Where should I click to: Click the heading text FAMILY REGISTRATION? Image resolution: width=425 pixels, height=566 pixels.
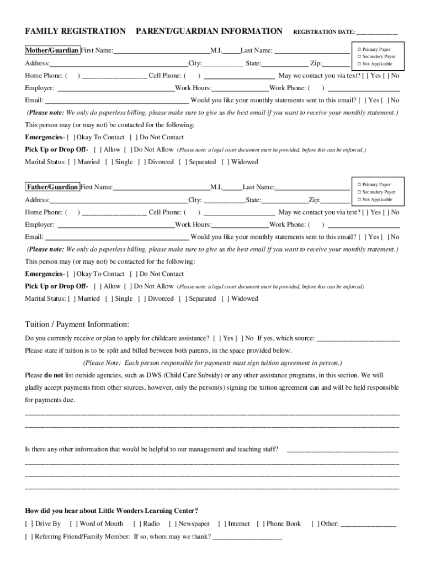pos(75,32)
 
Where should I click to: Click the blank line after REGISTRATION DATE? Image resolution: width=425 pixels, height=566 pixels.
pos(378,33)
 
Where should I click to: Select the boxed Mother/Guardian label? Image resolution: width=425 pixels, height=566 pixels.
pos(52,50)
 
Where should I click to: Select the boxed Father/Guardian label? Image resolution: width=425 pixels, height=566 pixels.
pos(52,187)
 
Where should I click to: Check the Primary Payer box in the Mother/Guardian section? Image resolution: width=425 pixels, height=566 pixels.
pos(359,50)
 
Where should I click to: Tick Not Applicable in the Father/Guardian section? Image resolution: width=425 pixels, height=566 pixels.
pos(359,200)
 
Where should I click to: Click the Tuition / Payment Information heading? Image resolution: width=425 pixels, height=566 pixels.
pos(77,324)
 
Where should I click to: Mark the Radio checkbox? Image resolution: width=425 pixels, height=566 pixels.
pos(137,523)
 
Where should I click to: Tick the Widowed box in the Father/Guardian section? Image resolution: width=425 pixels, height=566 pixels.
pos(225,298)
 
